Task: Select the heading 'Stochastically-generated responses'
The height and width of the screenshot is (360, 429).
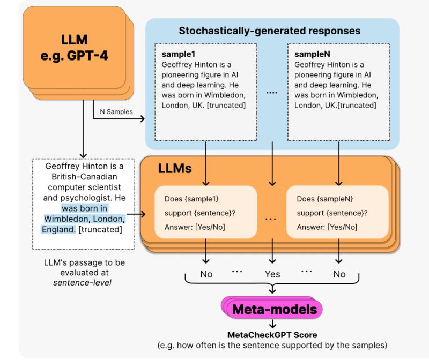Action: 269,31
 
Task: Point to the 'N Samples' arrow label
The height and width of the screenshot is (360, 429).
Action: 116,112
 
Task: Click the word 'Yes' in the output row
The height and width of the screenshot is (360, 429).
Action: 272,274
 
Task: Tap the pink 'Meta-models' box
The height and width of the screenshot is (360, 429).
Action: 274,309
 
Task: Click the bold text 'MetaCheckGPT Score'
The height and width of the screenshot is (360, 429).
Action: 272,335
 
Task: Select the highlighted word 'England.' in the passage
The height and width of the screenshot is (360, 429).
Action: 58,229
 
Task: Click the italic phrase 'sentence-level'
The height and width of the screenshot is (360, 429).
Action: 82,282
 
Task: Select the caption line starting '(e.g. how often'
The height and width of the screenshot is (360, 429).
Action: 272,345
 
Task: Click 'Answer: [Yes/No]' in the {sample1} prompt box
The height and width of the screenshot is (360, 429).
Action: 195,227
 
